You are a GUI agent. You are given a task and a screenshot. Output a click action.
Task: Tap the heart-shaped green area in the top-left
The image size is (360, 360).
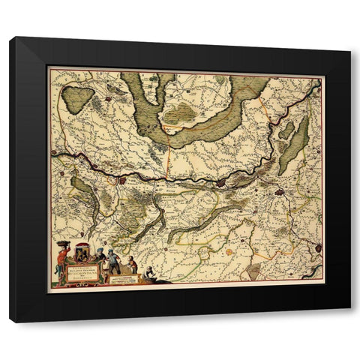[77, 97]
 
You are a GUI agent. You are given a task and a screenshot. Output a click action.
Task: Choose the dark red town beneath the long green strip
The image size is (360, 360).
[279, 192]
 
